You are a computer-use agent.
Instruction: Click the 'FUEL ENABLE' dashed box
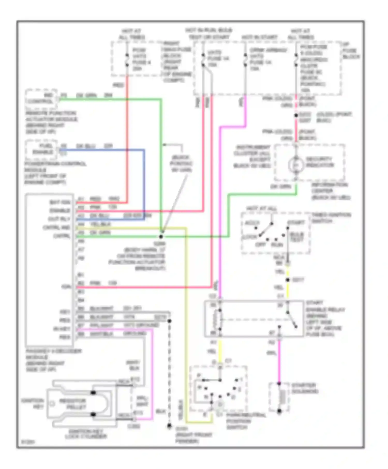click(x=41, y=149)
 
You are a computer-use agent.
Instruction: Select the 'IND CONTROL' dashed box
click(x=41, y=99)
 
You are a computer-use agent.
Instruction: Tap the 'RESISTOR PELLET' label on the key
click(x=73, y=404)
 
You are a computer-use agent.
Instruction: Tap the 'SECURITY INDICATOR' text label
click(x=320, y=162)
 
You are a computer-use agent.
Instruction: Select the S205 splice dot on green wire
click(x=161, y=237)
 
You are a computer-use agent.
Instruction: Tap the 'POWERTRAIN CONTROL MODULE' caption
click(x=55, y=173)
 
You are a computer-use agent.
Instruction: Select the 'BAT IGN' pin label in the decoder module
click(x=60, y=202)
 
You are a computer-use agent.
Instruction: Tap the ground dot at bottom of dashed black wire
click(x=169, y=425)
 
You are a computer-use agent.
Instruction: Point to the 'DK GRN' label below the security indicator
click(x=280, y=186)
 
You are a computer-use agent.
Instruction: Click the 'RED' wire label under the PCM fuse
click(x=118, y=85)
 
